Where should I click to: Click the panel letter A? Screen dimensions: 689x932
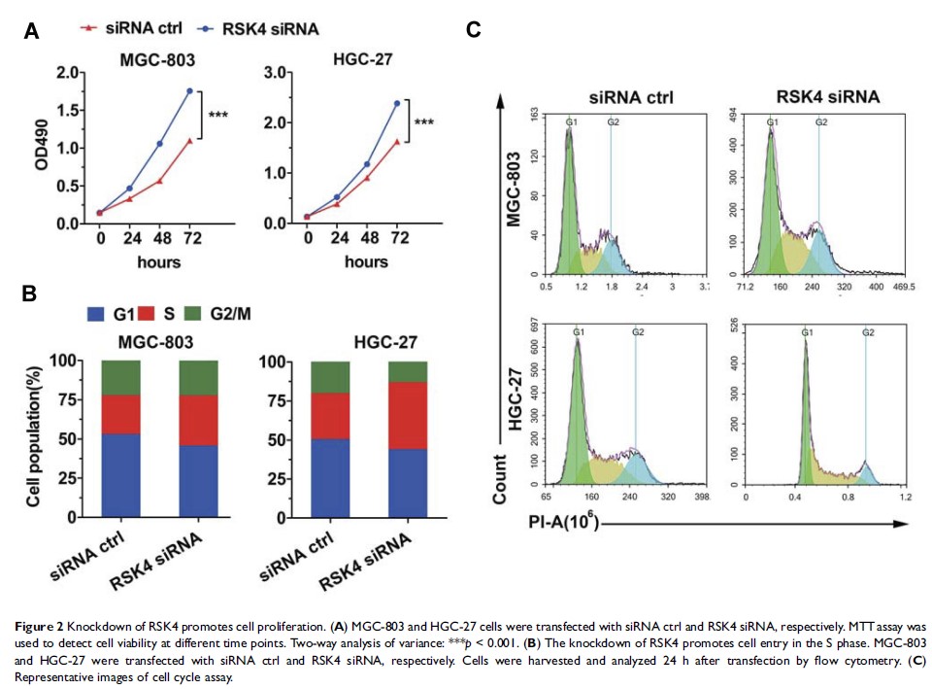coord(32,31)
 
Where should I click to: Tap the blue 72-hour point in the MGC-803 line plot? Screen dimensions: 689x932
coord(189,91)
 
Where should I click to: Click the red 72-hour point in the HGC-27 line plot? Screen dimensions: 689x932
coord(397,141)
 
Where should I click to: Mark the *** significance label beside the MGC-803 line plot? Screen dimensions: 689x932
coord(218,115)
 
